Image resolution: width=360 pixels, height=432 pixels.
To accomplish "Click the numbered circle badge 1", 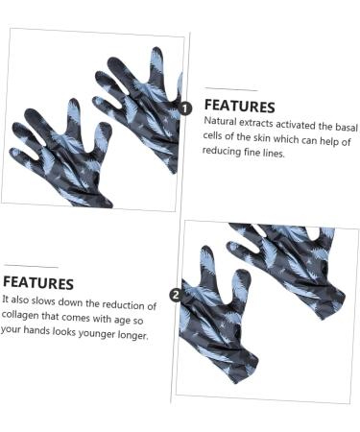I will pyautogui.click(x=185, y=108).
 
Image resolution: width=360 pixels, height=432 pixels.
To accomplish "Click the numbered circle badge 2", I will pyautogui.click(x=176, y=295).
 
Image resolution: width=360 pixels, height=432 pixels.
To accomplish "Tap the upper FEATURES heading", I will pyautogui.click(x=239, y=107).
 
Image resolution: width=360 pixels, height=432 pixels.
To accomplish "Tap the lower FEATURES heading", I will pyautogui.click(x=38, y=283).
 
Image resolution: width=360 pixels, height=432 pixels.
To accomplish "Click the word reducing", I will pyautogui.click(x=225, y=154).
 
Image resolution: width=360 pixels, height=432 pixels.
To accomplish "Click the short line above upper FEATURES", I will pyautogui.click(x=230, y=89).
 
